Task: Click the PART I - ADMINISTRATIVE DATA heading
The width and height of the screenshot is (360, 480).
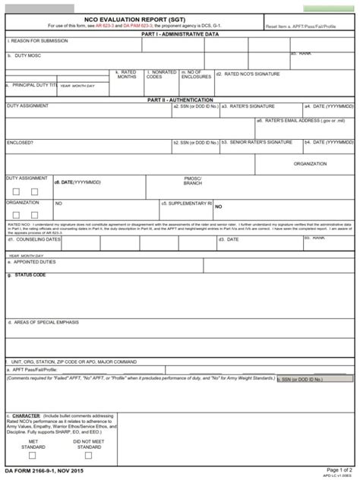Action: [179, 34]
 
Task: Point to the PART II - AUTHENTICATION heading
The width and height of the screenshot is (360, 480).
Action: [179, 99]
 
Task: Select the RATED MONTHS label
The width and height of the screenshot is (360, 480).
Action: [127, 75]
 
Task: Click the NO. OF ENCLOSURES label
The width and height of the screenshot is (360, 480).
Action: [197, 75]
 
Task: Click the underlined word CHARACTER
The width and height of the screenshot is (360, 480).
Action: [26, 416]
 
